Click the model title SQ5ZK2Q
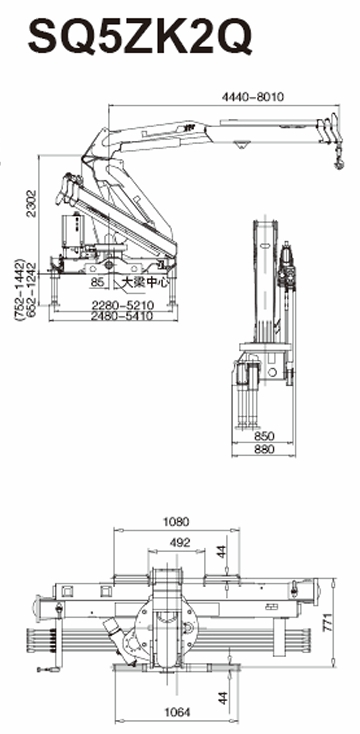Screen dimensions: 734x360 coord(139,37)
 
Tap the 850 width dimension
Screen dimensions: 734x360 coord(264,437)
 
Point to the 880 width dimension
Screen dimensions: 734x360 coord(264,450)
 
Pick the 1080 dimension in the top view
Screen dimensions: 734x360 coord(176,521)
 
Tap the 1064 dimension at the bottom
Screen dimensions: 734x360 coord(176,711)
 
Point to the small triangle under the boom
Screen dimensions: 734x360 coord(242,150)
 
